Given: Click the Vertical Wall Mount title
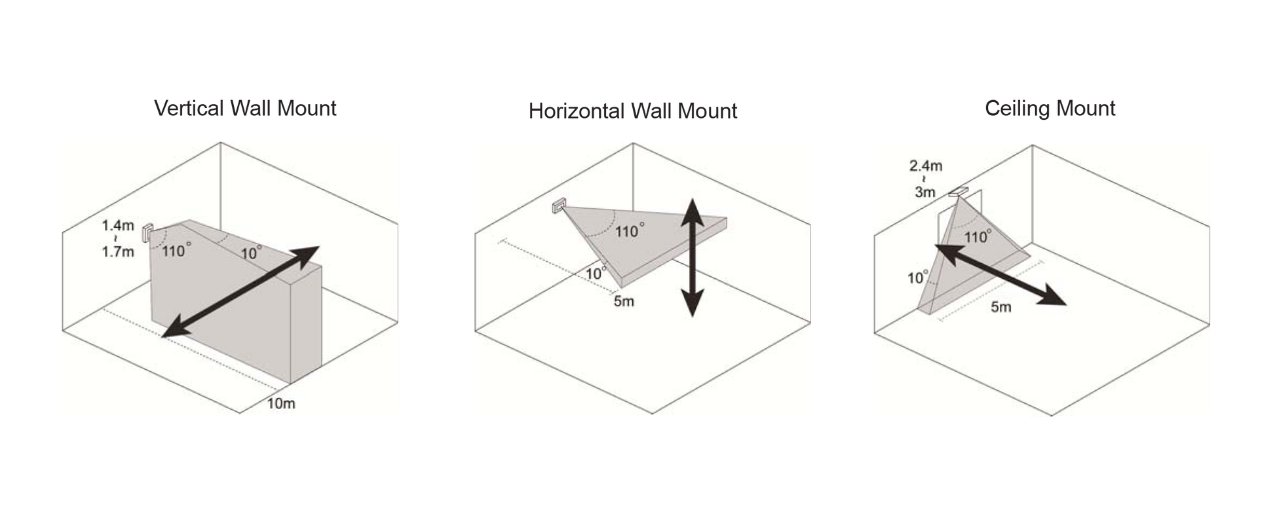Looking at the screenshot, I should [x=245, y=108].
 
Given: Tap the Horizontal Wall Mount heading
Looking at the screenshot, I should [x=633, y=111].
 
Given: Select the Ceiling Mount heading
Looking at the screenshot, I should [x=1050, y=109].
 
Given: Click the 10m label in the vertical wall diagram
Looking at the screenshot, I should [x=281, y=403].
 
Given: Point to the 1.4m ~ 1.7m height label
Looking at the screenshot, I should [x=118, y=238].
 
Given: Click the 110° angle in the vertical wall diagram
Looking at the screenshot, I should [x=176, y=250].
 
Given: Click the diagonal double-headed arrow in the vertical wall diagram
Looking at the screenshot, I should [x=240, y=292].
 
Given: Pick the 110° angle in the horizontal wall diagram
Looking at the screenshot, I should [x=630, y=231].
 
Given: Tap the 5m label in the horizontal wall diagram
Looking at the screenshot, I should [x=624, y=302].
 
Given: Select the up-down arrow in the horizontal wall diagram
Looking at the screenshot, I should [x=692, y=258].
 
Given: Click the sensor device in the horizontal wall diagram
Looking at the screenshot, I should [x=559, y=208].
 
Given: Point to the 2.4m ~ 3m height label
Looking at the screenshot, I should [x=925, y=179].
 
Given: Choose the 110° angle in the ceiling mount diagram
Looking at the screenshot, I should [x=977, y=237].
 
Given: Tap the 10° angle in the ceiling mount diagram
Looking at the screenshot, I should [x=918, y=278].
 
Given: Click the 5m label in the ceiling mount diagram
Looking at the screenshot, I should [x=1000, y=307].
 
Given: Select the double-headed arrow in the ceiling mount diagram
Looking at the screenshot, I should [x=1000, y=274].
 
